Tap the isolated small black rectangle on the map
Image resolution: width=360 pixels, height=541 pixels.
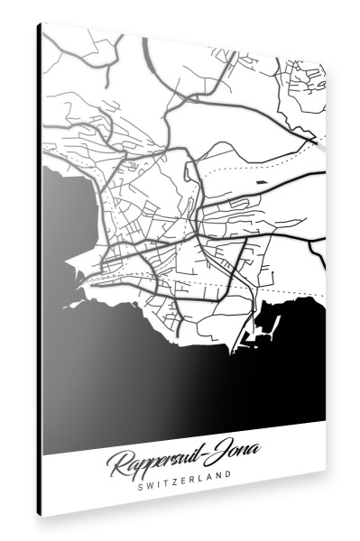(262, 184)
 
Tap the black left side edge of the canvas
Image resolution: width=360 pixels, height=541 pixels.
(40, 270)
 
